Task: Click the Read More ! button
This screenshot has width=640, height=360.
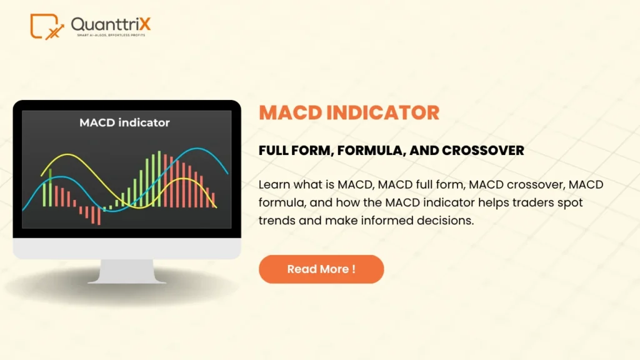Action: (321, 269)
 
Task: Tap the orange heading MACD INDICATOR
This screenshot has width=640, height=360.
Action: (349, 112)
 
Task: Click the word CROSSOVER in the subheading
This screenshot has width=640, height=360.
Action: (483, 150)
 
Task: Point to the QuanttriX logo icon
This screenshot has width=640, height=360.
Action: (47, 27)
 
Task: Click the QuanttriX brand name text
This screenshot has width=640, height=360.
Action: (111, 24)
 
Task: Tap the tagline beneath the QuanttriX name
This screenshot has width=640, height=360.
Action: (111, 36)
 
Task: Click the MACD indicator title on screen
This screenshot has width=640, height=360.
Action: (124, 122)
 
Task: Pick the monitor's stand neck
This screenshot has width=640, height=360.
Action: (127, 271)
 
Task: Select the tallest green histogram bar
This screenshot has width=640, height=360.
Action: (159, 179)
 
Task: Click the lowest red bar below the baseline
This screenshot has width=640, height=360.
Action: (99, 216)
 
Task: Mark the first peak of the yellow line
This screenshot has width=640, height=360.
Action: (67, 154)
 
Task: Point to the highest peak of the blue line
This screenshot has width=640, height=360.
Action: (197, 149)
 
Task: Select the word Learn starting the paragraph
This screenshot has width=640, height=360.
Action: (274, 184)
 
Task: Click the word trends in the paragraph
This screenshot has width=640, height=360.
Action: (277, 221)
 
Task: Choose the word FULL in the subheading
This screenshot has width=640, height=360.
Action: (273, 150)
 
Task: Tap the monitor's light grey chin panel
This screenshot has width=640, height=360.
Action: (127, 248)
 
